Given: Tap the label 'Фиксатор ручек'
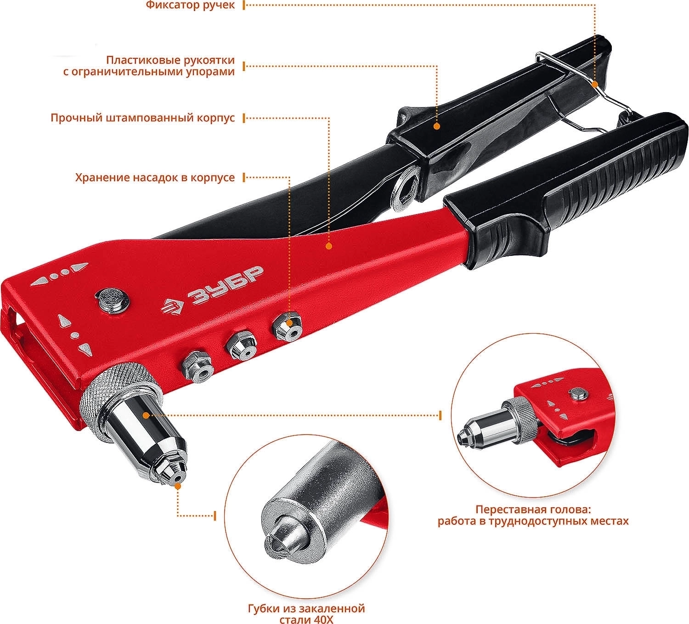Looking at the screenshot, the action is point(190,5).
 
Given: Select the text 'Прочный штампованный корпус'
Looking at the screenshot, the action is point(143,118).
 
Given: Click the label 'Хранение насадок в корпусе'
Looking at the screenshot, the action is point(155,178).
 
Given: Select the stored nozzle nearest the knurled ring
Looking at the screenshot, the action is point(196,366).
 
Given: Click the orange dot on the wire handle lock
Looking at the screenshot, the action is point(595,84).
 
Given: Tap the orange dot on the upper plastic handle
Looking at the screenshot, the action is point(436,126).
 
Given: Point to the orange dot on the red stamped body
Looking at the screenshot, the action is point(329,246).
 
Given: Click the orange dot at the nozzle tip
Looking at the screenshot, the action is point(178,486).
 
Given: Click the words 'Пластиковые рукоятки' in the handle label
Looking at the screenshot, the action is point(170,61).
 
